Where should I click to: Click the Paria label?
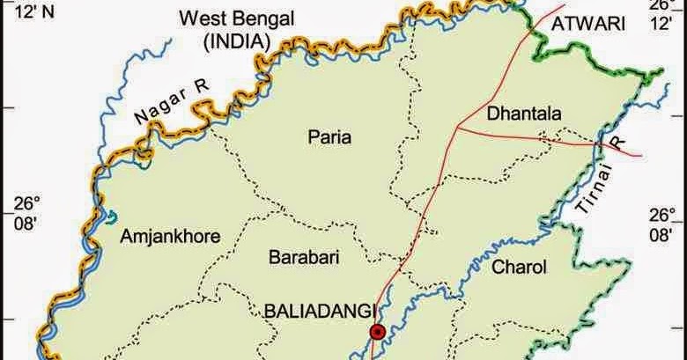pyautogui.click(x=329, y=136)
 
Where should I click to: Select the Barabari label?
pyautogui.click(x=303, y=257)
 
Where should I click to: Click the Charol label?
pyautogui.click(x=520, y=267)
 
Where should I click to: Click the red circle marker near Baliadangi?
pyautogui.click(x=378, y=332)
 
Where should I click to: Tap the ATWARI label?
pyautogui.click(x=580, y=26)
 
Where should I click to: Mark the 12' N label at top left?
pyautogui.click(x=22, y=11)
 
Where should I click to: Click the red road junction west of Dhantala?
pyautogui.click(x=458, y=128)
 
